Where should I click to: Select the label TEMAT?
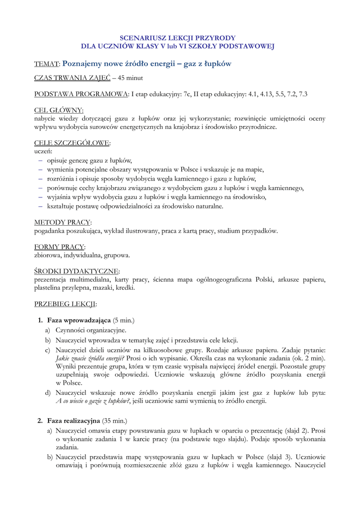pyautogui.click(x=47, y=64)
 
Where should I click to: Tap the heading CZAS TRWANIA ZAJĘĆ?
pyautogui.click(x=72, y=78)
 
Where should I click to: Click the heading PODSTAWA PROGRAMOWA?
pyautogui.click(x=80, y=94)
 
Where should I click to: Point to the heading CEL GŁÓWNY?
pyautogui.click(x=59, y=110)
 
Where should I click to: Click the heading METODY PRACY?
pyautogui.click(x=63, y=222)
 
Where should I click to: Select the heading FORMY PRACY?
pyautogui.click(x=59, y=247)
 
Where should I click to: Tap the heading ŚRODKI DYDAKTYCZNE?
pyautogui.click(x=76, y=271)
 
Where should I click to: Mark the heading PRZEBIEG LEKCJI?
pyautogui.click(x=65, y=304)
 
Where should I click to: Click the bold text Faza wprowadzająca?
pyautogui.click(x=79, y=320)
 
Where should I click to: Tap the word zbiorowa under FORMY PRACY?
pyautogui.click(x=48, y=255)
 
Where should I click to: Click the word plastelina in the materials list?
pyautogui.click(x=49, y=287)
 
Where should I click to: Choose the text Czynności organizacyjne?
pyautogui.click(x=91, y=330)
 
